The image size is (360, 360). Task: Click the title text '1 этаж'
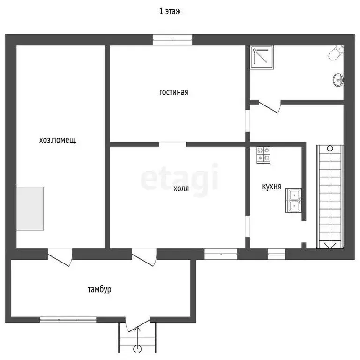click(x=170, y=11)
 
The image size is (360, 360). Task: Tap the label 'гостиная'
click(x=173, y=92)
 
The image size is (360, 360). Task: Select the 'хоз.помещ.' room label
click(x=58, y=140)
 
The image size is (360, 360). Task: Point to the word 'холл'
click(x=181, y=188)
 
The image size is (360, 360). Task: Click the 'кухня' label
click(x=271, y=186)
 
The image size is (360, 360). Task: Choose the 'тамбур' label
click(x=99, y=289)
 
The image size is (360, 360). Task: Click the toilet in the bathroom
click(x=336, y=53)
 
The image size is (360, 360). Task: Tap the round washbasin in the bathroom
click(x=338, y=80)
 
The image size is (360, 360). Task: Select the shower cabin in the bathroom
click(x=262, y=58)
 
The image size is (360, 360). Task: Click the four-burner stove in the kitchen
click(x=263, y=155)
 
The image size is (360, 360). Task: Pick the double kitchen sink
click(x=293, y=201)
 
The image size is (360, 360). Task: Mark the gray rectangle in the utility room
click(x=30, y=208)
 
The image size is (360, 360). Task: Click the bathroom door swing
click(x=270, y=107)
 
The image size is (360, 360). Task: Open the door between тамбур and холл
click(x=144, y=257)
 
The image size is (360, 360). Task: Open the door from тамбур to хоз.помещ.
click(x=60, y=257)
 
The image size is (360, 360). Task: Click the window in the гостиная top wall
click(x=172, y=39)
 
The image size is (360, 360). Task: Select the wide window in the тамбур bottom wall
click(x=68, y=319)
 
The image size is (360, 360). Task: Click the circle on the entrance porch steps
click(x=137, y=349)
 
